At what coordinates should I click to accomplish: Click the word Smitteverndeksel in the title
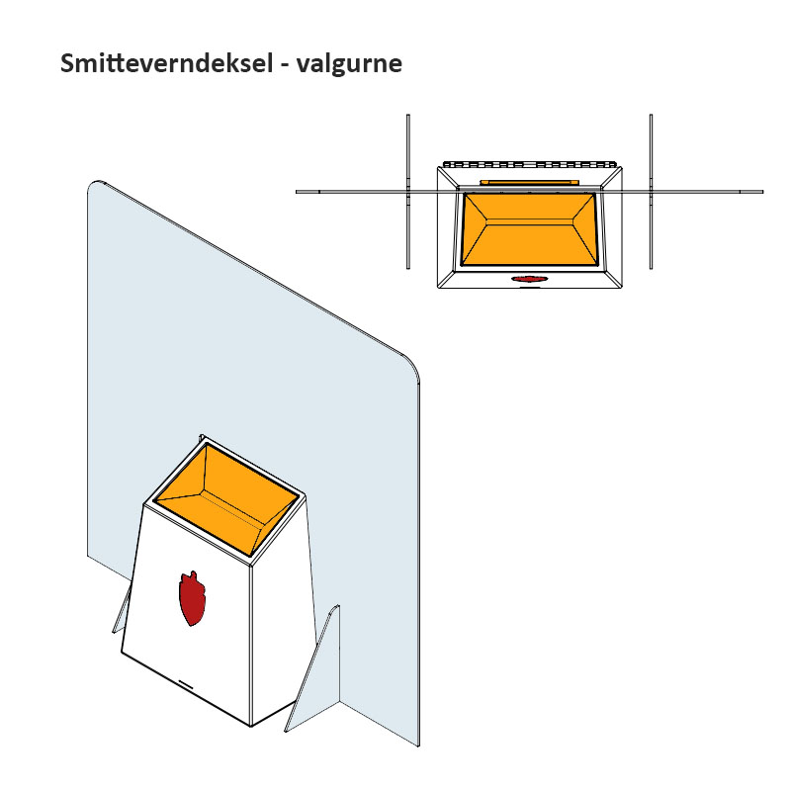(167, 63)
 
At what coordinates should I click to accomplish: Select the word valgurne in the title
(349, 64)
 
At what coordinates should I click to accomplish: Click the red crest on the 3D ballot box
(192, 598)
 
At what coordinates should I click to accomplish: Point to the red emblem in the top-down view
(529, 279)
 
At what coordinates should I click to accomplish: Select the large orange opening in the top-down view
(530, 229)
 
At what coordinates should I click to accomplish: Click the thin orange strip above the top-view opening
(530, 182)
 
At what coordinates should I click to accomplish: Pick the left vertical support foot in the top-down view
(408, 192)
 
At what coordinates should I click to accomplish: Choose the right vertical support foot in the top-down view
(651, 192)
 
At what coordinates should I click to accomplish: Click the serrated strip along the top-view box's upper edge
(530, 164)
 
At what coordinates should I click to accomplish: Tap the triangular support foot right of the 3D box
(312, 668)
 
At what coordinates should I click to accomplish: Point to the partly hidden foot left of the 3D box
(121, 613)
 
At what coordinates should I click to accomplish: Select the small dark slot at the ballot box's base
(188, 684)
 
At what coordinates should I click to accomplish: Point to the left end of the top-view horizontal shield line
(296, 192)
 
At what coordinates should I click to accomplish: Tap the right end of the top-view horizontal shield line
(762, 192)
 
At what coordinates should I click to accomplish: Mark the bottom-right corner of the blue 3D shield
(418, 747)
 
